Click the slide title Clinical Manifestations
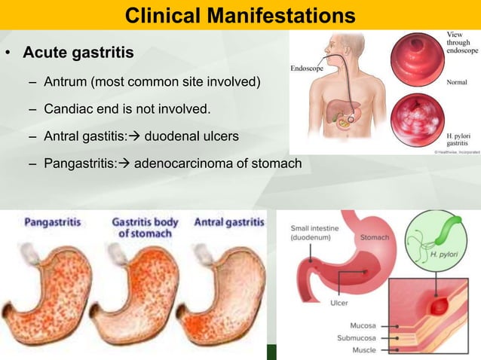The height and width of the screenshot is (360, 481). click(240, 14)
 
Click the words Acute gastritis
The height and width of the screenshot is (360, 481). click(78, 53)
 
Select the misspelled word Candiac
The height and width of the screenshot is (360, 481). click(66, 110)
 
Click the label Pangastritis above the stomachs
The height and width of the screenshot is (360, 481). click(53, 222)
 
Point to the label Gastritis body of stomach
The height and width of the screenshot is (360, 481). click(145, 227)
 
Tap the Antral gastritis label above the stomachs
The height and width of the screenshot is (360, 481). click(229, 222)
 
